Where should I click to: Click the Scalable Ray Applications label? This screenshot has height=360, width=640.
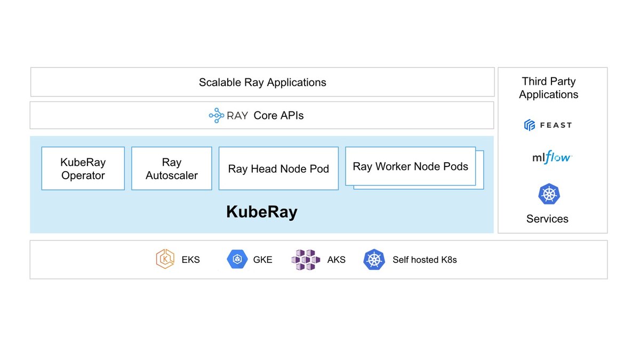point(262,82)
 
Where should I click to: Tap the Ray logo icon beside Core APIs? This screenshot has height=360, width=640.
point(217,115)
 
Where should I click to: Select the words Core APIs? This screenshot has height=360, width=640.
point(278,115)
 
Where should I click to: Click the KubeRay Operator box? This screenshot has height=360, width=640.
point(83,169)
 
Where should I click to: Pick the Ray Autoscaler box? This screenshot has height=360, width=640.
point(172,169)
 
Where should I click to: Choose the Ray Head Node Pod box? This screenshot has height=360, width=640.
point(278,169)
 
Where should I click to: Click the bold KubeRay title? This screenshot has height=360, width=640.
point(262,212)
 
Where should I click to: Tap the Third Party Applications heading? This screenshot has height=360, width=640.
point(549,87)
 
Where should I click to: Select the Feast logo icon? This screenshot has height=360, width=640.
point(530,125)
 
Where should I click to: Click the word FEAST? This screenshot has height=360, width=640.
point(556,125)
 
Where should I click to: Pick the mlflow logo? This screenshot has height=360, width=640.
point(552,157)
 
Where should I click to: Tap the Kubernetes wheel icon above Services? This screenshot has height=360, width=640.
point(549,194)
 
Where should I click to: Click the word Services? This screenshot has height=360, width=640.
point(547,219)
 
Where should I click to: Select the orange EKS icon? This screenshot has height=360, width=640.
point(165,259)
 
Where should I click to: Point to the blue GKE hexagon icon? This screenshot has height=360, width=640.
point(237,259)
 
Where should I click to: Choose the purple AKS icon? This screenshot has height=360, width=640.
point(306,260)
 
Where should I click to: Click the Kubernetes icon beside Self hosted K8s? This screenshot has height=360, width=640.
point(374,259)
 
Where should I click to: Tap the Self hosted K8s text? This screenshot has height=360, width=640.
point(425,260)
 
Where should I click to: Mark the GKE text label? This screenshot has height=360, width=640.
point(262,260)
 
